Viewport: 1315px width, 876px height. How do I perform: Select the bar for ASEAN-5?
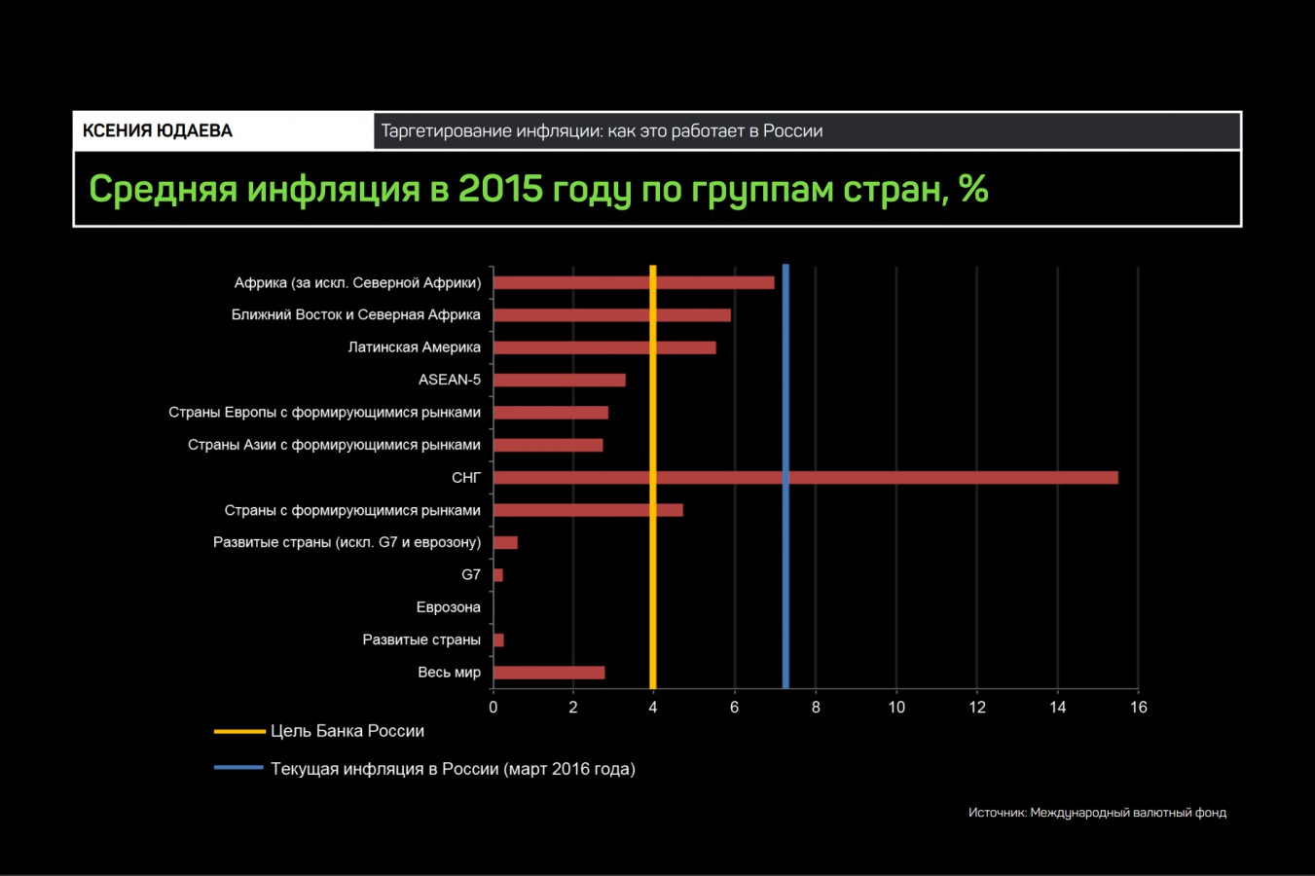(x=559, y=380)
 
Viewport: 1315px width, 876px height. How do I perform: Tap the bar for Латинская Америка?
(x=603, y=347)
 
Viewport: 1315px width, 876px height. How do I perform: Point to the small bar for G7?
(x=498, y=575)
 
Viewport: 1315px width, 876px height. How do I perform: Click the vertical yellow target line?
(x=652, y=584)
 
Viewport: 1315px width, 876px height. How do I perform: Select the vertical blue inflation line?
(x=785, y=584)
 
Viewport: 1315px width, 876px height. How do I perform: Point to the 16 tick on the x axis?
(x=1138, y=708)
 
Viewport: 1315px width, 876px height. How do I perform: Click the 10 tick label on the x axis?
(x=896, y=708)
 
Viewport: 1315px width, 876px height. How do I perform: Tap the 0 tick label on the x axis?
(x=493, y=708)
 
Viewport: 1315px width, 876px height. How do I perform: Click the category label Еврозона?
(x=448, y=607)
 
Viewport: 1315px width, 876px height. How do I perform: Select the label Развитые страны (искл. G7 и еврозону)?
(x=347, y=542)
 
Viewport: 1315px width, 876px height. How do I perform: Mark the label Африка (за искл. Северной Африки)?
(x=357, y=283)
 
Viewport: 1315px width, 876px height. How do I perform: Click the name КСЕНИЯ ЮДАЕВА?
(x=158, y=131)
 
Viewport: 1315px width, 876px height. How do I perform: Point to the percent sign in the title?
(x=973, y=189)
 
